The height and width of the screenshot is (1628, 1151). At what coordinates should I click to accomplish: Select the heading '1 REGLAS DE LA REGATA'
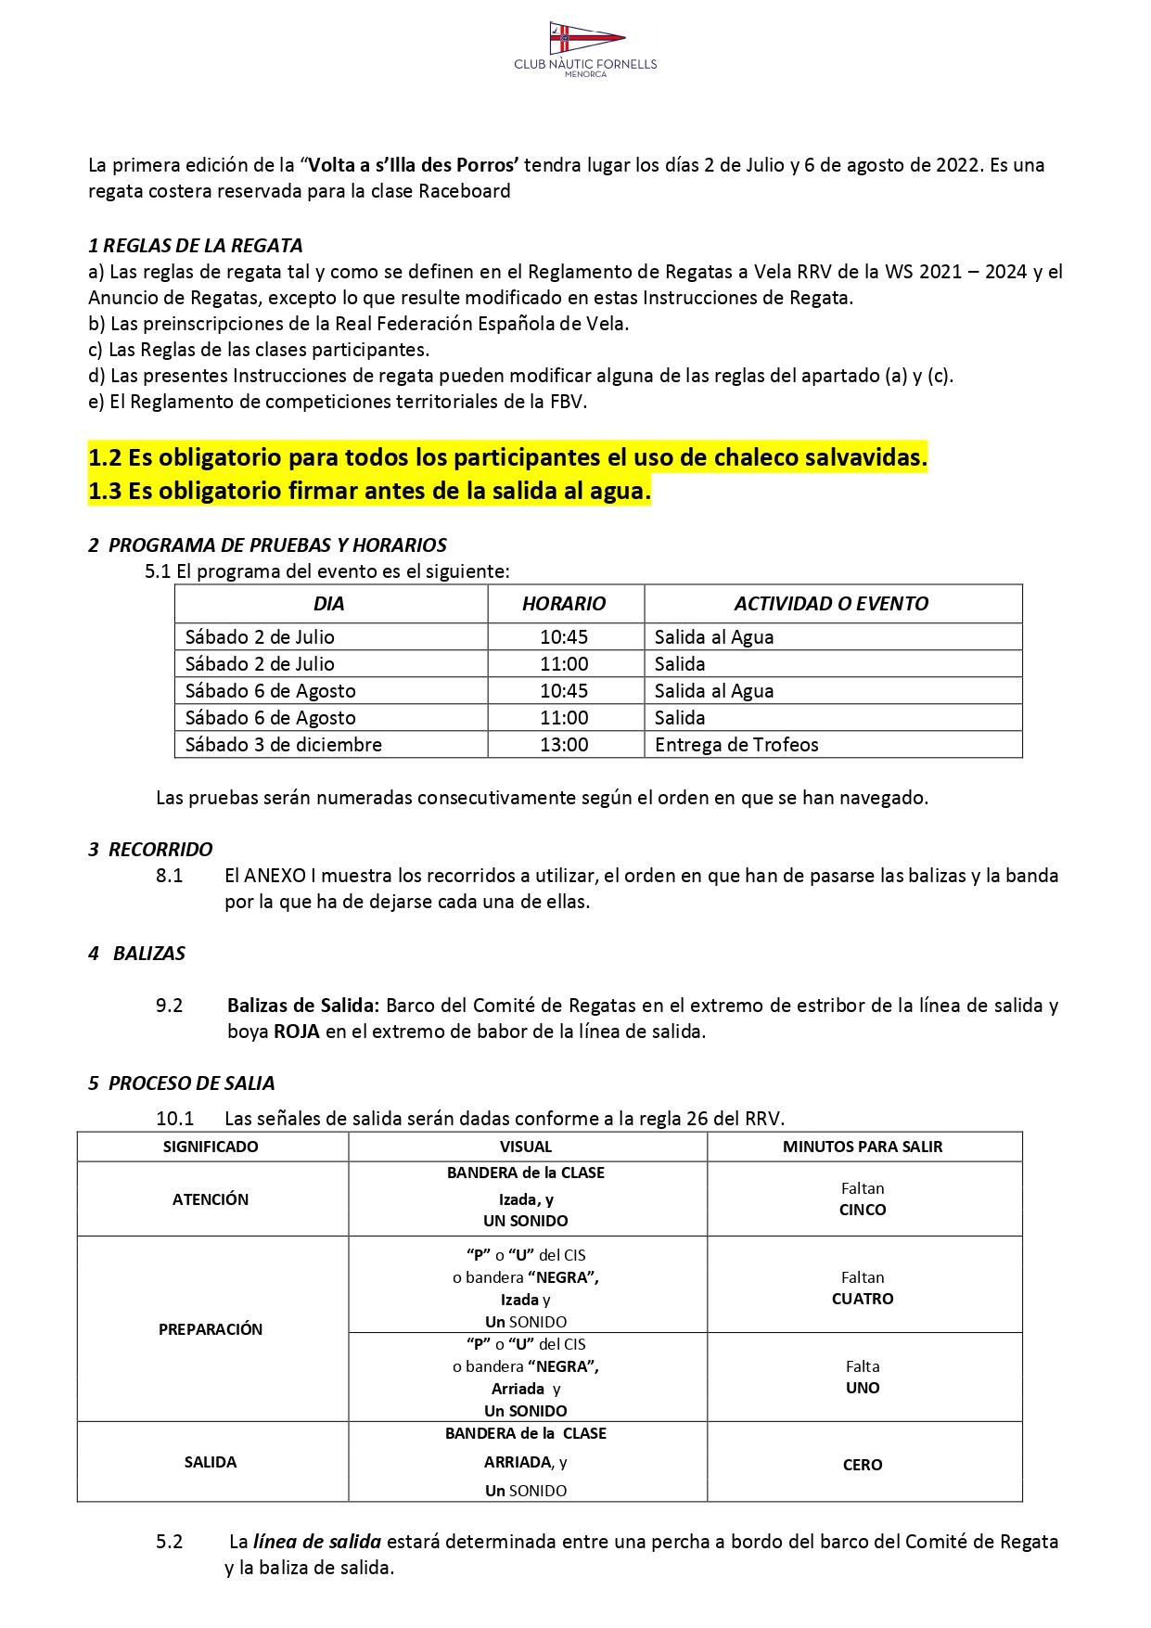tap(196, 246)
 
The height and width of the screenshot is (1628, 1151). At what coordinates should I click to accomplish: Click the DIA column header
tap(329, 604)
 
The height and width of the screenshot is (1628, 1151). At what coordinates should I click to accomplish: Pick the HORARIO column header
tap(564, 604)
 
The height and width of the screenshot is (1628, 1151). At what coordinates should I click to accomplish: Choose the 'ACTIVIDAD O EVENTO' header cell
tap(831, 604)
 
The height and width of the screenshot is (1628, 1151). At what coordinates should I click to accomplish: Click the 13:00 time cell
tap(564, 745)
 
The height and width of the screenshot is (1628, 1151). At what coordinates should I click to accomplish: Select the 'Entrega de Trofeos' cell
tap(736, 745)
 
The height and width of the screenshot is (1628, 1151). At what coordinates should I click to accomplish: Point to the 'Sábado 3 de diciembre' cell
tap(284, 745)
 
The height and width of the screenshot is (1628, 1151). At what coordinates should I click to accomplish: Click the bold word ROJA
tap(297, 1032)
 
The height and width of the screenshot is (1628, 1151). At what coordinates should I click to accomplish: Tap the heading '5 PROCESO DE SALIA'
tap(182, 1083)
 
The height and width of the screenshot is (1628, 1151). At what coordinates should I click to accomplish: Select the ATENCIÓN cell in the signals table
tap(211, 1199)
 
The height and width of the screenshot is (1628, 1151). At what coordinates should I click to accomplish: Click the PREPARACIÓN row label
tap(211, 1329)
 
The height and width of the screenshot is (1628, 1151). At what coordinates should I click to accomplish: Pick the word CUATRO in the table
tap(863, 1300)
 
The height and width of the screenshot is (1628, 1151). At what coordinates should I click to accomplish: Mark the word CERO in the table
tap(863, 1465)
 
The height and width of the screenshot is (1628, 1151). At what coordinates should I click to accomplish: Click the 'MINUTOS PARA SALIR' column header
tap(863, 1147)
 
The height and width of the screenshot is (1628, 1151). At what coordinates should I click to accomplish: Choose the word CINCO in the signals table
tap(863, 1210)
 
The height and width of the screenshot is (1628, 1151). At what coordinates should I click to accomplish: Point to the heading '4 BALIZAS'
tap(137, 954)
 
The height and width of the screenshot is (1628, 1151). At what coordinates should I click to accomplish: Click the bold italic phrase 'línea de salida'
tap(317, 1542)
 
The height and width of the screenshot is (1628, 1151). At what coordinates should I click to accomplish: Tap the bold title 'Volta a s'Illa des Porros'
tap(413, 165)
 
